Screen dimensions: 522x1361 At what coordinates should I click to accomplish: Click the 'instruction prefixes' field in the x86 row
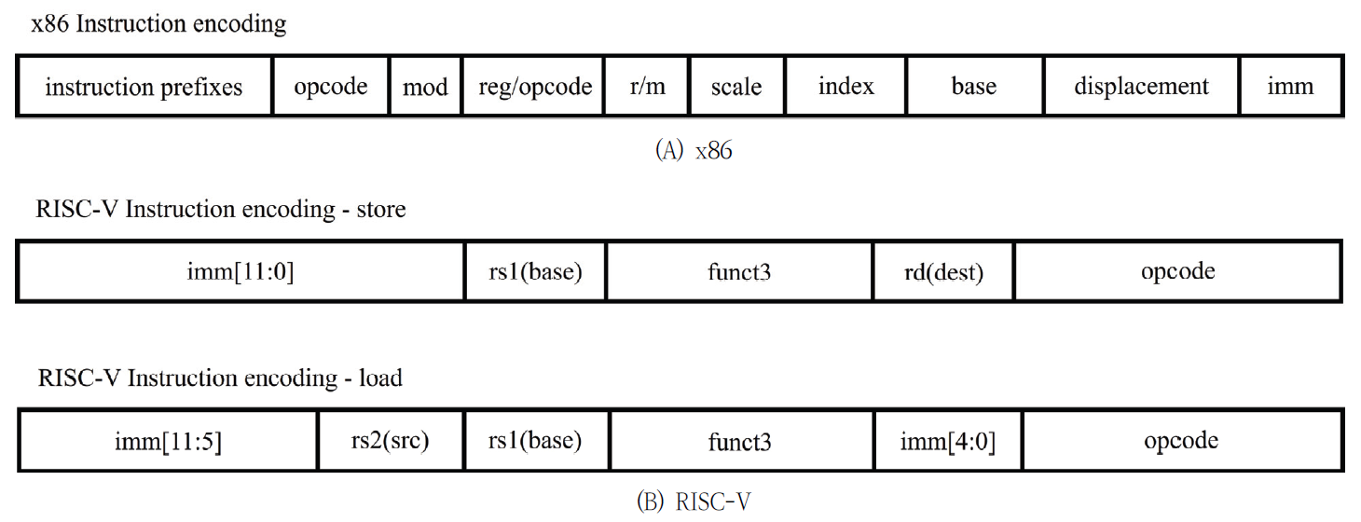144,87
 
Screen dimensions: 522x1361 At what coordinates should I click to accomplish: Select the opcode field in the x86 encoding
331,87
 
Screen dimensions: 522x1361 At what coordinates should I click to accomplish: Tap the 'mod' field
425,87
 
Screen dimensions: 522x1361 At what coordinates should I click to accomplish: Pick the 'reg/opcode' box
534,87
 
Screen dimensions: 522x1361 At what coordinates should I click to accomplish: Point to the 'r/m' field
647,87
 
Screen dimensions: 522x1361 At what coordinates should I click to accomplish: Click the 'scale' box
736,87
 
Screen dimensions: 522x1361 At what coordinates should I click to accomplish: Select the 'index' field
845,87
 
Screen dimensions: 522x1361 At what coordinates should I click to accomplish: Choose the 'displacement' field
1141,87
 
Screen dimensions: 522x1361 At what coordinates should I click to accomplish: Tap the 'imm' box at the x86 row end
1290,87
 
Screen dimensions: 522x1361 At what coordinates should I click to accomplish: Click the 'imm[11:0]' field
241,271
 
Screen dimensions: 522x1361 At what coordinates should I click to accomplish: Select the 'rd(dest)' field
943,271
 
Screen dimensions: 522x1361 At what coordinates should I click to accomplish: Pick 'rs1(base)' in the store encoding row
535,271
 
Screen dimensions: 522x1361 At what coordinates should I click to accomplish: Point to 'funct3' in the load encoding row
740,441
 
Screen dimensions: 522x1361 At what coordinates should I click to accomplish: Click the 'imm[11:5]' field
168,441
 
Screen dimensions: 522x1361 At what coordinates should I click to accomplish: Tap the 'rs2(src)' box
391,440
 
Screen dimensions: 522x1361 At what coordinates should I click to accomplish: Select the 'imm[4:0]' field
946,441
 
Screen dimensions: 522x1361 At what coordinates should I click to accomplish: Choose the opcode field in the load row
1180,440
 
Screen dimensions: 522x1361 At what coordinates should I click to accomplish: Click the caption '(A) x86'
694,151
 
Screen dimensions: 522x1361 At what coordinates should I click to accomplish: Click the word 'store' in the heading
381,209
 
